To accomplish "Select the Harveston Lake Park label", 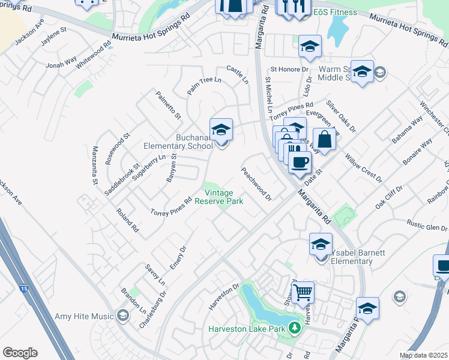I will coord(246,329).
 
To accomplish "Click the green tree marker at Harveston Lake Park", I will coord(294,328).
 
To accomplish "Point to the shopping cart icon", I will coord(304,292).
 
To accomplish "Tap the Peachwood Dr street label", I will coord(257,184).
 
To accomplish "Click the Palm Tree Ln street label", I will coord(204,85).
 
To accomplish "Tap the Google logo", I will coord(20,353).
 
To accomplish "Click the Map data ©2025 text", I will coord(423,355).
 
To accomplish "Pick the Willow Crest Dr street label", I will coord(363,167).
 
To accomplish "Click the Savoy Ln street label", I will coord(155,274).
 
